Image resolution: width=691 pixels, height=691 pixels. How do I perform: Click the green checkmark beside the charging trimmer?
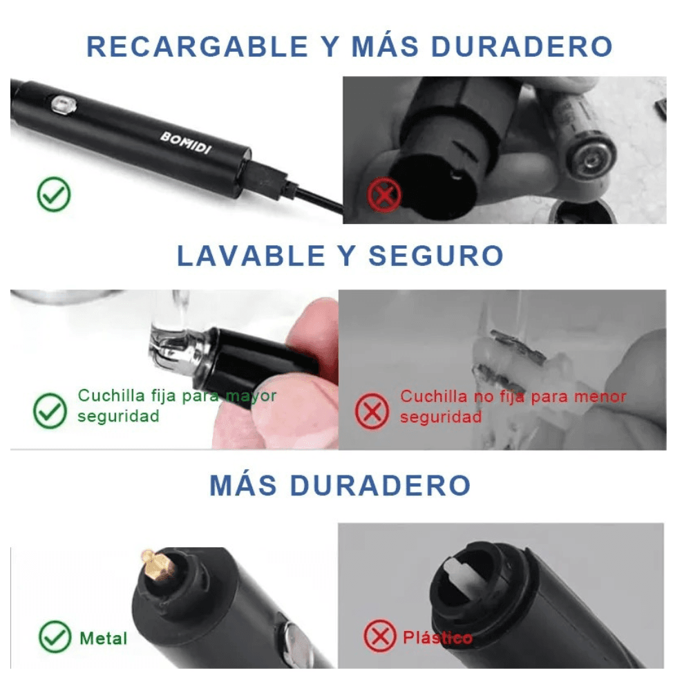pyautogui.click(x=54, y=196)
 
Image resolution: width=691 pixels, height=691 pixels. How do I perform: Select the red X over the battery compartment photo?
pyautogui.click(x=385, y=195)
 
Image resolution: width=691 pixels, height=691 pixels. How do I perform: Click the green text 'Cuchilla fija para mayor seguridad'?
pyautogui.click(x=176, y=406)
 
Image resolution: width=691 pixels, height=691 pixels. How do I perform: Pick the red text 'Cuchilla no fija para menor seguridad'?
pyautogui.click(x=513, y=406)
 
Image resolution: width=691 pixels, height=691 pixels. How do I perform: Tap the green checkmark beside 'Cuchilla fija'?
pyautogui.click(x=50, y=411)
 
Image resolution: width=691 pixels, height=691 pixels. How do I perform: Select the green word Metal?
pyautogui.click(x=104, y=637)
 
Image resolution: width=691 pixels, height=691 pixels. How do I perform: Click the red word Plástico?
pyautogui.click(x=437, y=637)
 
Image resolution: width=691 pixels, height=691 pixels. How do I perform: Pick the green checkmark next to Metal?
pyautogui.click(x=55, y=636)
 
